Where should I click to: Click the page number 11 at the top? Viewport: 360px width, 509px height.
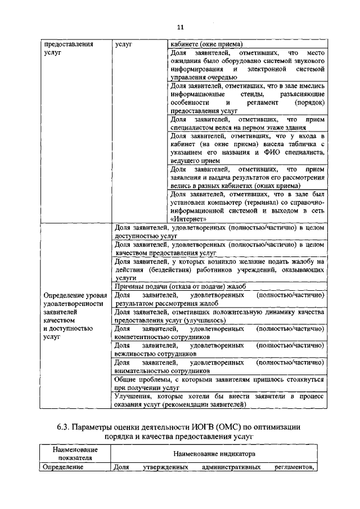pos(180,26)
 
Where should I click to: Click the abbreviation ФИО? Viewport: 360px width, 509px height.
pos(265,152)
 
